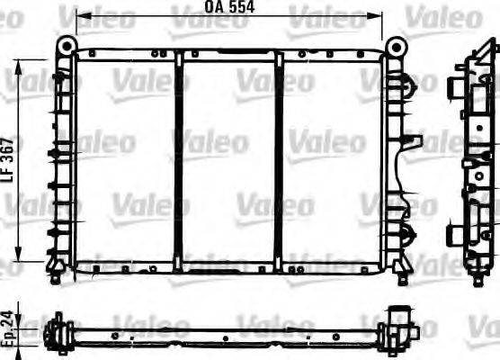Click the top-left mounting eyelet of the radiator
coord(66,45)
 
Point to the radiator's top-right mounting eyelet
coord(395,45)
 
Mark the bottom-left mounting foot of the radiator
coord(56,271)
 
